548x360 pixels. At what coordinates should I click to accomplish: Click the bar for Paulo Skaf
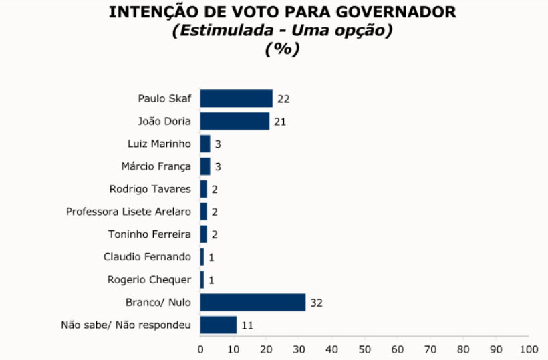(237, 98)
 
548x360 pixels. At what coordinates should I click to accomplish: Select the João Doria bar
(235, 121)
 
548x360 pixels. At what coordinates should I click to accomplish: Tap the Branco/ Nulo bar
(253, 302)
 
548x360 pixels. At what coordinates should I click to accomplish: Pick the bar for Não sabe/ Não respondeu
(219, 325)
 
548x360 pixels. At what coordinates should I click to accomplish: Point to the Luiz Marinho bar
(205, 144)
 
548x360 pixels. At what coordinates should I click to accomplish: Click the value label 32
(316, 303)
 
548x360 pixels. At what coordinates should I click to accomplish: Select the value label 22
(283, 99)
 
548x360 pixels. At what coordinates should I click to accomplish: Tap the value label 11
(247, 325)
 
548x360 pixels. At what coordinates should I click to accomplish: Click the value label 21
(280, 122)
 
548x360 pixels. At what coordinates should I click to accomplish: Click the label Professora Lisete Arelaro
(128, 212)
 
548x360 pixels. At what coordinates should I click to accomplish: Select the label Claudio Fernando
(147, 256)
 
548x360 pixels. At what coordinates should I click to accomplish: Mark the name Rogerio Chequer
(149, 279)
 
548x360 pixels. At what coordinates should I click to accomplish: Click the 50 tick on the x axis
(364, 349)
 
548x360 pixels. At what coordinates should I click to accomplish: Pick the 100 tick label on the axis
(528, 349)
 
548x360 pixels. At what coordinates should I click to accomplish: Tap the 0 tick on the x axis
(200, 349)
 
